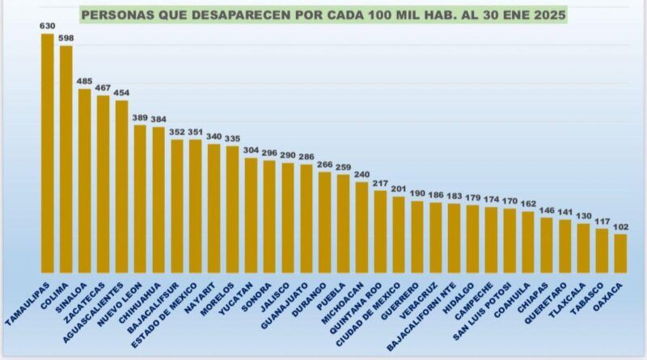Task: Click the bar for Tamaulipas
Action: pos(47,154)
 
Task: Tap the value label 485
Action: pos(84,81)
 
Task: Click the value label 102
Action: pos(620,227)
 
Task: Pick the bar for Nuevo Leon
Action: pos(139,199)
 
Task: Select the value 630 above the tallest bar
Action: pos(47,27)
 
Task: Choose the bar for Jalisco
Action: pos(287,218)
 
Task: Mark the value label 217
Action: pos(380,184)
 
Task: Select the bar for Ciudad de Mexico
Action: pos(399,235)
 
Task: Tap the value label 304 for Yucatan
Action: pos(251,150)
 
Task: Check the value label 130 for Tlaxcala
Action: pos(583,216)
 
